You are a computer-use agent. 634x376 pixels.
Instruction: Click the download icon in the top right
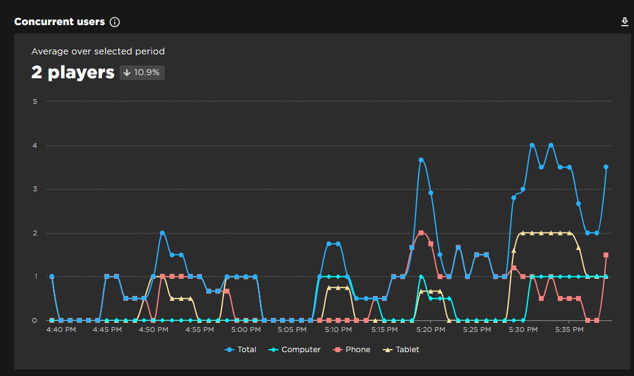click(x=624, y=22)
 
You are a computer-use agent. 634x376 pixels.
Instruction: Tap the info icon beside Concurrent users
click(x=115, y=22)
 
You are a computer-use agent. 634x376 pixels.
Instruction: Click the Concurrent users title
click(x=59, y=22)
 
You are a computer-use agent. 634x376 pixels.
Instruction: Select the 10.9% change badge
click(x=142, y=72)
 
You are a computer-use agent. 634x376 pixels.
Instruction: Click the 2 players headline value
click(x=73, y=72)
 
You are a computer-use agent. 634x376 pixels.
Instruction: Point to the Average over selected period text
click(x=98, y=51)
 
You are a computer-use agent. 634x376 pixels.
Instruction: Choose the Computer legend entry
click(x=295, y=350)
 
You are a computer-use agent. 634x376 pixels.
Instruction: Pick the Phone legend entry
click(x=352, y=350)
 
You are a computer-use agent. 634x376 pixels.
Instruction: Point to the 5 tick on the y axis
click(x=35, y=101)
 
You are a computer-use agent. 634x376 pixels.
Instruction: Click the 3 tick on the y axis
click(x=35, y=189)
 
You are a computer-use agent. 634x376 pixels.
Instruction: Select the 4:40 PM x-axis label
click(x=62, y=330)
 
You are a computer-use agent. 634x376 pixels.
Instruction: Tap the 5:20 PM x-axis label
click(x=430, y=330)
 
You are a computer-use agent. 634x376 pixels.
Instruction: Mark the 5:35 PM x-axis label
click(x=569, y=330)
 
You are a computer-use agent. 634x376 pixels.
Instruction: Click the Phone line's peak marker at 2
click(x=421, y=233)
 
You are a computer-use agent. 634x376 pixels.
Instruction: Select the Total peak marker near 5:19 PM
click(x=421, y=160)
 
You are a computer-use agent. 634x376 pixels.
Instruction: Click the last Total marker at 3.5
click(x=606, y=167)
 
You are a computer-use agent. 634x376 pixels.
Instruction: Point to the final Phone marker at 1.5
click(x=606, y=255)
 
